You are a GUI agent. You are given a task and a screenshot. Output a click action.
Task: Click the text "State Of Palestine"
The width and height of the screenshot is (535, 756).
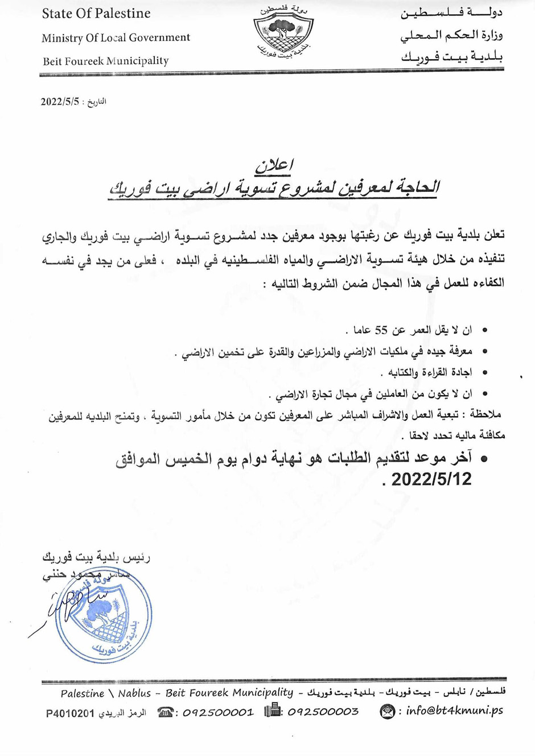[x=96, y=14]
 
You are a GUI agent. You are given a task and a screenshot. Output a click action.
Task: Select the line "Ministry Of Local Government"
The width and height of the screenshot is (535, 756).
[x=116, y=38]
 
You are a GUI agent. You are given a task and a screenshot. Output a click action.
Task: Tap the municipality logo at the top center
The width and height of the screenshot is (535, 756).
[x=283, y=34]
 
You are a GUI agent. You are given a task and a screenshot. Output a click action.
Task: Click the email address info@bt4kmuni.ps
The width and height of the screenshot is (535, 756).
[x=454, y=711]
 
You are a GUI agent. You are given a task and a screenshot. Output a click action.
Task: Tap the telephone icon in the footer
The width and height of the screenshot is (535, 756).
[x=166, y=712]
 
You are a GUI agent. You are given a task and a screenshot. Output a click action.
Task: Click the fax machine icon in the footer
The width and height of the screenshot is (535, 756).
[x=273, y=710]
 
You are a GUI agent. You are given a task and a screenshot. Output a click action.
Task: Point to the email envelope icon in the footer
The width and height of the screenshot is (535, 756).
[x=387, y=711]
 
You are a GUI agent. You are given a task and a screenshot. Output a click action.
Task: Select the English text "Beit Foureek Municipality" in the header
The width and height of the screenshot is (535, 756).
[x=106, y=61]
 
